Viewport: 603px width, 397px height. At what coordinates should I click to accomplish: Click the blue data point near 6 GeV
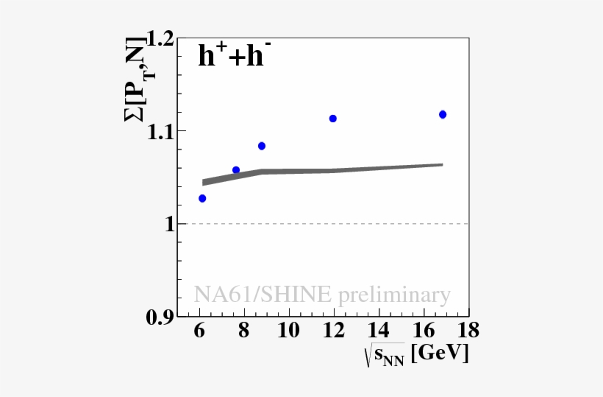[202, 198]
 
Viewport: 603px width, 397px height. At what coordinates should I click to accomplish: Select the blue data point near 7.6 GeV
[236, 170]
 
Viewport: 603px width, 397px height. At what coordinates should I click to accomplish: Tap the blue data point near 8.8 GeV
[262, 146]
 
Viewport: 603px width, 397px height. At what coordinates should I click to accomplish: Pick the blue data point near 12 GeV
[333, 119]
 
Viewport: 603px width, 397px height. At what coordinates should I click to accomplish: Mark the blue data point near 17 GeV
[443, 114]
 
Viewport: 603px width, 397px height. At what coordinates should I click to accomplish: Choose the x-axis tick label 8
[244, 329]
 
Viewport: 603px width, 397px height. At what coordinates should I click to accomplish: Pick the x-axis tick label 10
[289, 329]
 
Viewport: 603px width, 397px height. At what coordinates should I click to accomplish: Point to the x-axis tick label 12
[334, 329]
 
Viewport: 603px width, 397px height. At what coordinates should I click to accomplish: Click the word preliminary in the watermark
[393, 295]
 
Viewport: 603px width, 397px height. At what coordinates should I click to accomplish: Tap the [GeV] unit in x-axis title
[440, 354]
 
